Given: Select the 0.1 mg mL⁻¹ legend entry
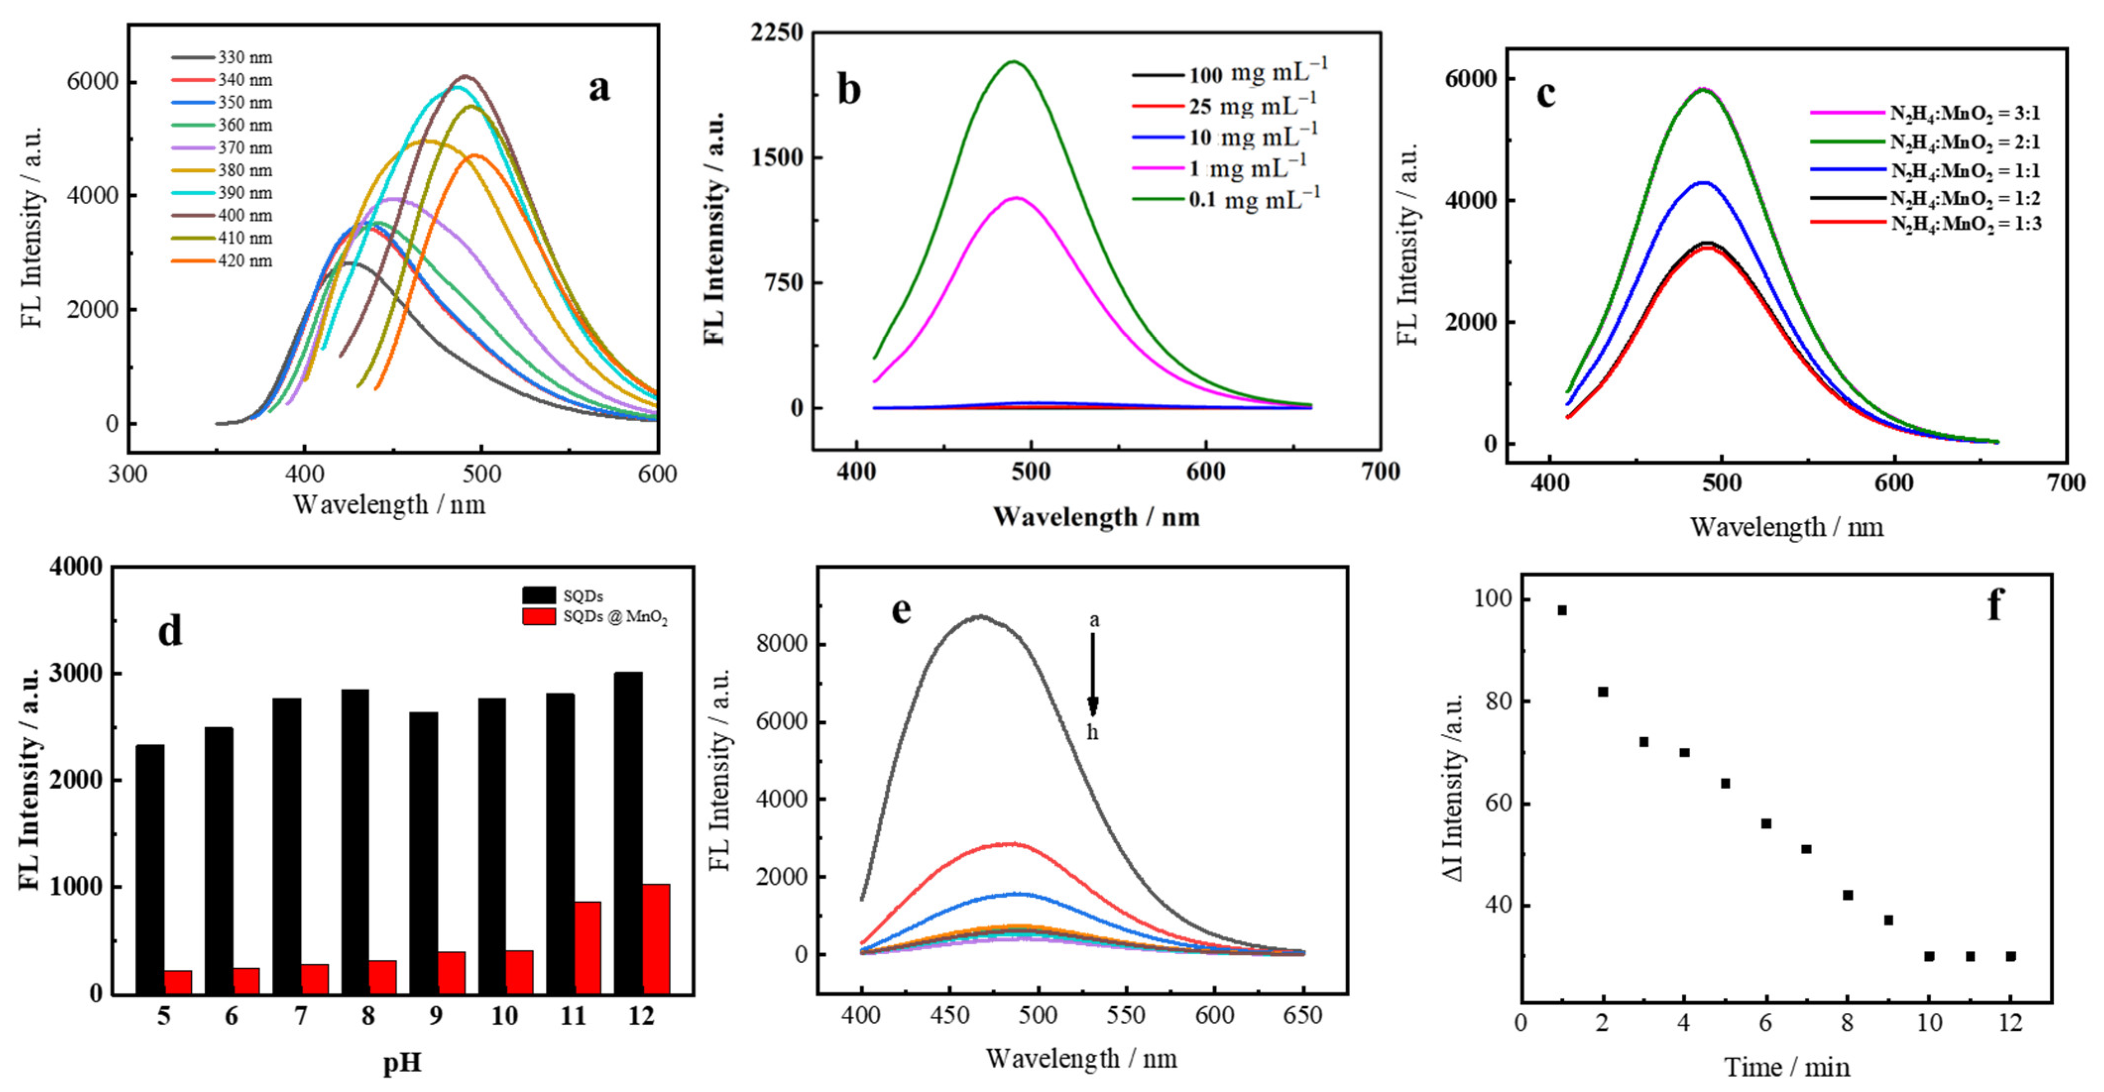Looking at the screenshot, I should point(1254,199).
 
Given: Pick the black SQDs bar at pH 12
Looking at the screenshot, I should point(628,832).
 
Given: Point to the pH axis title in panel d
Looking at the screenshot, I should point(402,1063).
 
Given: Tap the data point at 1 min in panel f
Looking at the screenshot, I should point(1562,610).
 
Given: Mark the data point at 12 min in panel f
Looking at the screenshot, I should point(2011,956).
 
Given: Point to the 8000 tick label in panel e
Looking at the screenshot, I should point(783,645).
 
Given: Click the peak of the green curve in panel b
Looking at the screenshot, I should point(1014,61).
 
